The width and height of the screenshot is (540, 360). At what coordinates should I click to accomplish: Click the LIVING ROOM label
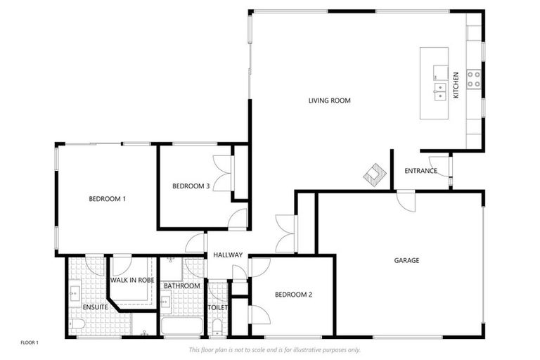tap(329, 101)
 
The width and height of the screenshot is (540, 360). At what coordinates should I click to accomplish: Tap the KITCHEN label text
tap(456, 85)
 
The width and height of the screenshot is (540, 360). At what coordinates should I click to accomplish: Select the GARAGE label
tap(406, 260)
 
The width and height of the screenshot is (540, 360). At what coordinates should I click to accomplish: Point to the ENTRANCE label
tap(420, 171)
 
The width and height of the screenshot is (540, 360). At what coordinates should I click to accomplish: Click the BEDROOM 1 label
tap(107, 199)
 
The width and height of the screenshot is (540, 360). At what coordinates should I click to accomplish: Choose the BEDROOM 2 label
tap(292, 295)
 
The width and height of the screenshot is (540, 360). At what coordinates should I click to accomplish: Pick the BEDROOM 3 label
tap(191, 186)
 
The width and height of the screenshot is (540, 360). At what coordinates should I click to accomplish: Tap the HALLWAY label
tap(228, 255)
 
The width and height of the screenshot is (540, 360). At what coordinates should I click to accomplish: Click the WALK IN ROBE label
tap(131, 280)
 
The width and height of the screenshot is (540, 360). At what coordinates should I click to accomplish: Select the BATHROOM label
tap(182, 286)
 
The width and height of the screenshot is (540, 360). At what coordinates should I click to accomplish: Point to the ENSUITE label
tap(95, 307)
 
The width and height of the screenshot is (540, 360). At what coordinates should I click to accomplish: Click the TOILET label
tap(217, 307)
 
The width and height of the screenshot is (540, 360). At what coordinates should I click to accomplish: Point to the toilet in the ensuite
tap(77, 324)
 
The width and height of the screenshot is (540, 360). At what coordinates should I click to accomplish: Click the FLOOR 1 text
tap(30, 342)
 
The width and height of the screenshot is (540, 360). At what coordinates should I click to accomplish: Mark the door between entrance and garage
tap(406, 200)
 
